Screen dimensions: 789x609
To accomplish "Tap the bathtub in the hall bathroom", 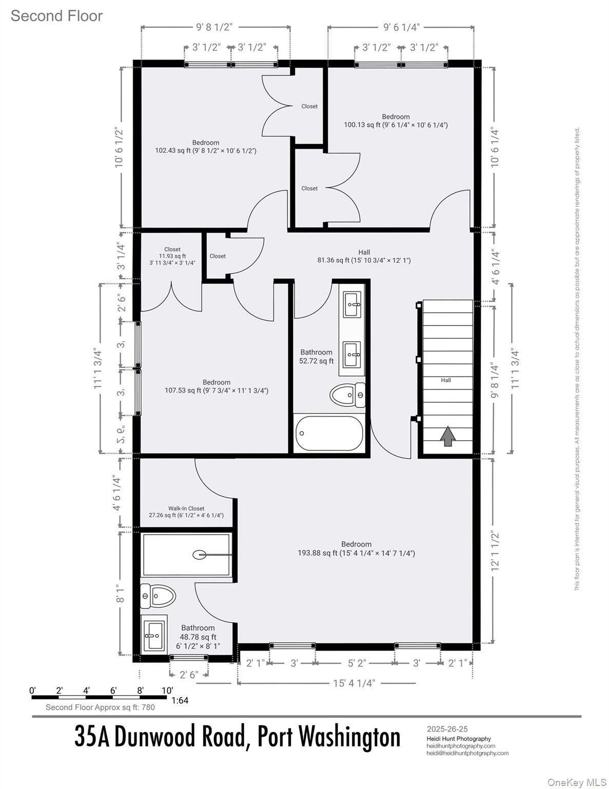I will (x=329, y=433).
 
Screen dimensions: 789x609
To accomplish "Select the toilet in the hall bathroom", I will (x=347, y=395).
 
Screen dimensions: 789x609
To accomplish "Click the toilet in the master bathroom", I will (x=158, y=596).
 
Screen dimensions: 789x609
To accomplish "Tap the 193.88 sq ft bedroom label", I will (x=356, y=549).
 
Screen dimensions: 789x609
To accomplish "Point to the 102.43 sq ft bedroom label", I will (x=206, y=146).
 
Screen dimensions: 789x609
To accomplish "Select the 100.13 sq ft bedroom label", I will (x=396, y=121).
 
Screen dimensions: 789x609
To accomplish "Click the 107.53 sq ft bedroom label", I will (x=216, y=386).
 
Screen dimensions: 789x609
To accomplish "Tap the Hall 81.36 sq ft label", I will (x=364, y=256).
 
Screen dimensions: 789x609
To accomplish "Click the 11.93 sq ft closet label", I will (x=172, y=256).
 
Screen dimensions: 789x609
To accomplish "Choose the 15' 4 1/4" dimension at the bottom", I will (x=355, y=683).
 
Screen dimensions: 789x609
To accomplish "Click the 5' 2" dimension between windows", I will (x=357, y=663).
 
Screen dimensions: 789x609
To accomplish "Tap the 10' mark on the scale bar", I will (x=167, y=690).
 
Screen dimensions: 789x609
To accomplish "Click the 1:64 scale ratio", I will (x=180, y=700).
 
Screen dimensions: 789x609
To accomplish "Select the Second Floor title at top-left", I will (x=56, y=16).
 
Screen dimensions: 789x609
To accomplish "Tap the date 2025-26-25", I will (x=447, y=729).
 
